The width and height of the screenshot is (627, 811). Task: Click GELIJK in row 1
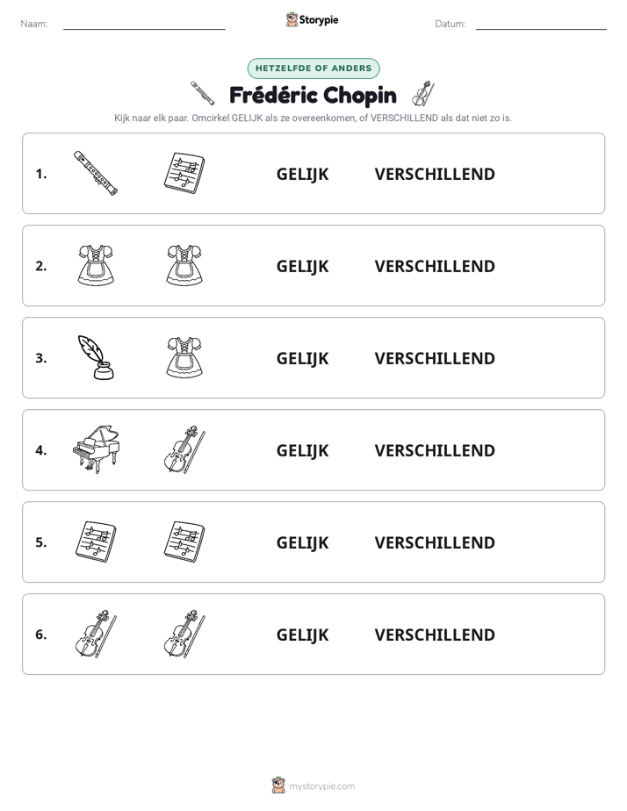pyautogui.click(x=302, y=175)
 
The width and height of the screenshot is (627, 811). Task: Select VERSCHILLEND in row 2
pyautogui.click(x=435, y=266)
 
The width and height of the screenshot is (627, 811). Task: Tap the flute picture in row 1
pyautogui.click(x=96, y=173)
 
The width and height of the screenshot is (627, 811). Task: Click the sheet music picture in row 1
pyautogui.click(x=184, y=173)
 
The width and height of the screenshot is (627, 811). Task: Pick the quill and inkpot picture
pyautogui.click(x=96, y=357)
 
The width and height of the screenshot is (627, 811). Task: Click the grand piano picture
pyautogui.click(x=96, y=449)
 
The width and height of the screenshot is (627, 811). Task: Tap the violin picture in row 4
pyautogui.click(x=184, y=449)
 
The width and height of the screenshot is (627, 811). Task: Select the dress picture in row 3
pyautogui.click(x=184, y=357)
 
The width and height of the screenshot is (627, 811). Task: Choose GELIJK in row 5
pyautogui.click(x=302, y=543)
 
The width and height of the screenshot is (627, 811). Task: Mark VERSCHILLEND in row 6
pyautogui.click(x=435, y=635)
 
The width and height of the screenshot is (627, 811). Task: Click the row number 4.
pyautogui.click(x=41, y=450)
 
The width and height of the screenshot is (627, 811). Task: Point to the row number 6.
pyautogui.click(x=41, y=635)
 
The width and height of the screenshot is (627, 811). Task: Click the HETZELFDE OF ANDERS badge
pyautogui.click(x=313, y=68)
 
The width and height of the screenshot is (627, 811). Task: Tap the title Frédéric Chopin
pyautogui.click(x=313, y=96)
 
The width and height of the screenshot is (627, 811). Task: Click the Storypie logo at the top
pyautogui.click(x=313, y=20)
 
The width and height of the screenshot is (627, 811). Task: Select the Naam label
pyautogui.click(x=34, y=24)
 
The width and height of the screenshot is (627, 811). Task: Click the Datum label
pyautogui.click(x=450, y=24)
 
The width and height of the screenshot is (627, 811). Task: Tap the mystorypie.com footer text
pyautogui.click(x=321, y=786)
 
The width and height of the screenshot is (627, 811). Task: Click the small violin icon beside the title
pyautogui.click(x=423, y=94)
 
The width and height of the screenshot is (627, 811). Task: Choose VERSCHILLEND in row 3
pyautogui.click(x=435, y=358)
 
